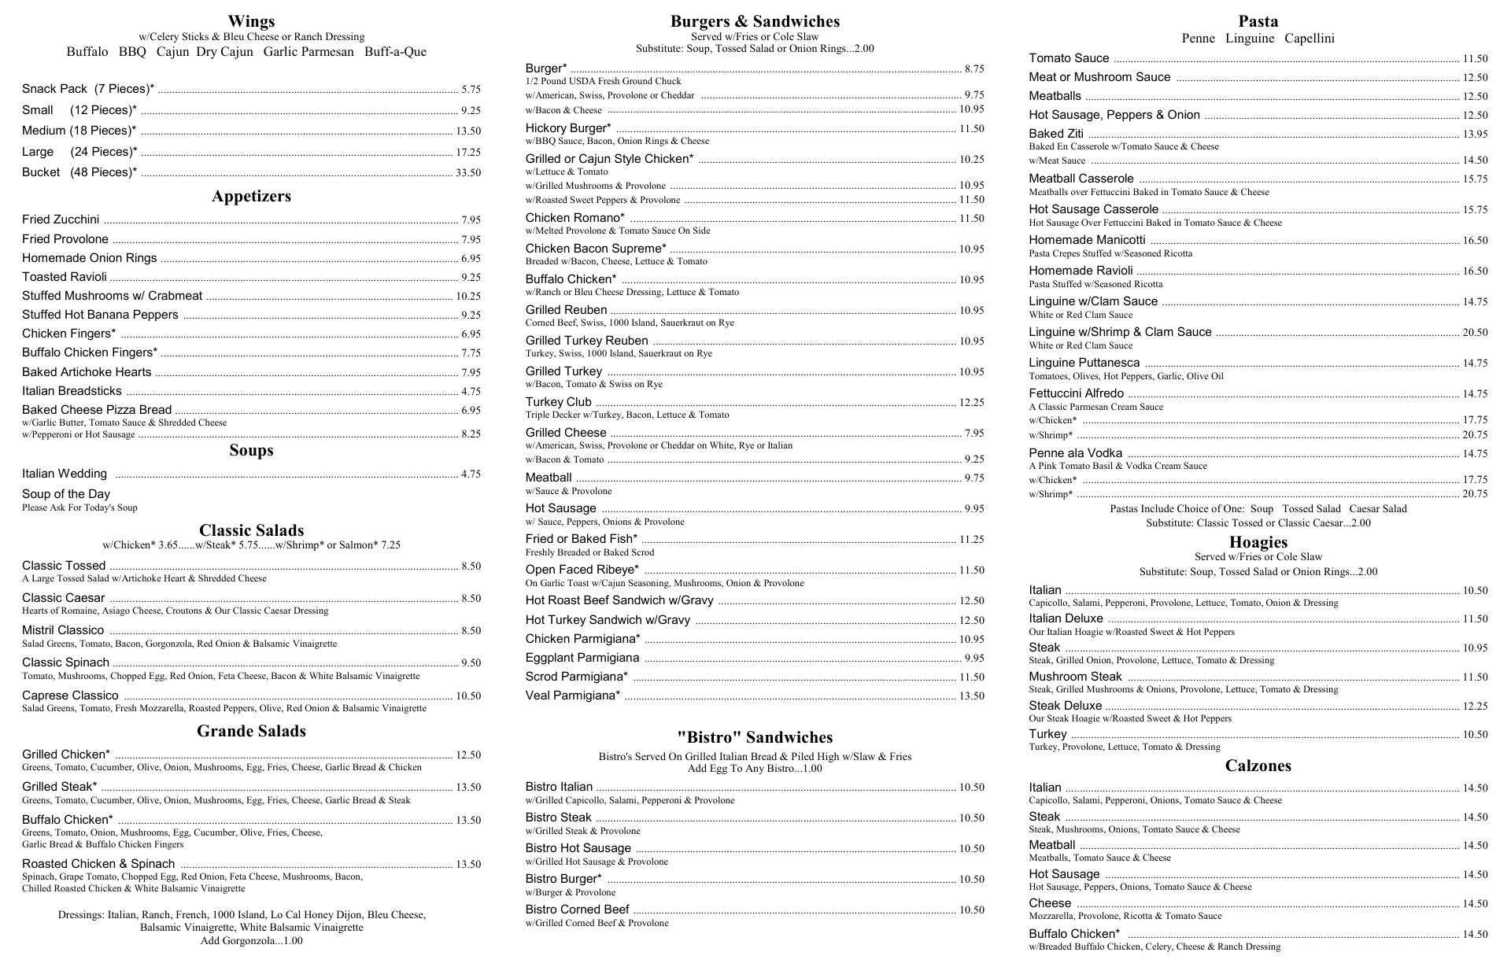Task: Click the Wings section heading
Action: [x=251, y=21]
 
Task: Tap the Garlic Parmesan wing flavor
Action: [x=308, y=52]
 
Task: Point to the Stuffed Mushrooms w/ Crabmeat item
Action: [x=112, y=296]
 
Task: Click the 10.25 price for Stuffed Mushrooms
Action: [x=468, y=297]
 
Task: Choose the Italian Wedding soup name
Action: [x=65, y=474]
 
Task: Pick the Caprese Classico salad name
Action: [x=70, y=696]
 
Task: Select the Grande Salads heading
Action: [x=251, y=731]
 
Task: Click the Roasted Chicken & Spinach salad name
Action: [x=98, y=864]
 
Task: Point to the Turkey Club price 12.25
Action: [x=972, y=403]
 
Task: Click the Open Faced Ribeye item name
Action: [x=582, y=570]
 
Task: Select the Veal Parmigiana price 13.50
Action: [x=972, y=696]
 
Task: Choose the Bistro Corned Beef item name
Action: [x=577, y=910]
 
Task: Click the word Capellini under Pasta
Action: [x=1310, y=39]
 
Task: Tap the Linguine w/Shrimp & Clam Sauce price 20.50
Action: [x=1475, y=333]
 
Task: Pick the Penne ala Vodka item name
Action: [x=1075, y=453]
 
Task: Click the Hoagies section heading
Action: [x=1258, y=542]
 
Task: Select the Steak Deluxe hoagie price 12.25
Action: [x=1475, y=707]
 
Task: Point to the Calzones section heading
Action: [x=1258, y=766]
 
